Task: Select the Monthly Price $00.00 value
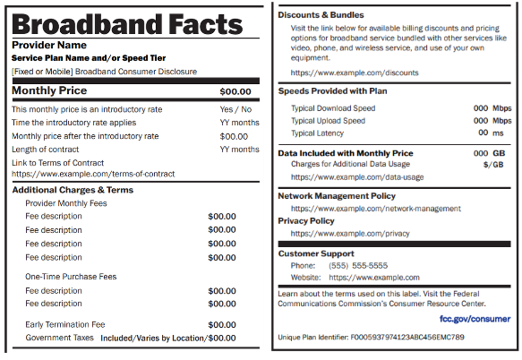coord(235,91)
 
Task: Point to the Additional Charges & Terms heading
coord(73,190)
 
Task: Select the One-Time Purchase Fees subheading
coord(71,277)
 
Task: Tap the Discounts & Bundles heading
coord(321,15)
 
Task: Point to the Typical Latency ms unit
coord(499,133)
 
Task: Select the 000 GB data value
coord(493,153)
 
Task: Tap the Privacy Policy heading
coord(306,220)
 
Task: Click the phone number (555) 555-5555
coord(358,265)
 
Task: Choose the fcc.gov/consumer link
coord(475,318)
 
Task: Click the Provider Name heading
coord(49,45)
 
